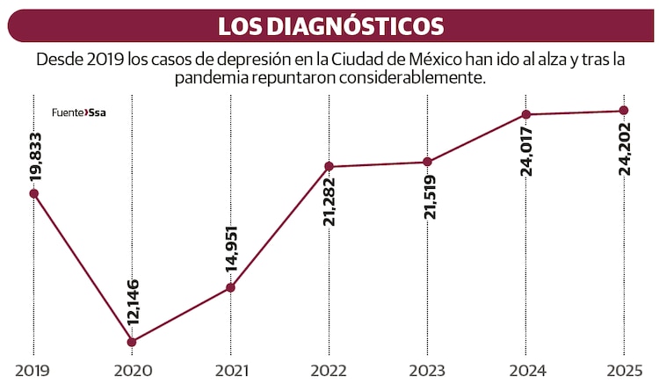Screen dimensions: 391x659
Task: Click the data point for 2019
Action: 34,193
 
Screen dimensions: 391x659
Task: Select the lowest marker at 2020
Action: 132,342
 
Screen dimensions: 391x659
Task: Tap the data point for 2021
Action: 230,287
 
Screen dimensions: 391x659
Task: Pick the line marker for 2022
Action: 329,166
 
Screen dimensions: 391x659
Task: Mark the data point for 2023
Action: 427,162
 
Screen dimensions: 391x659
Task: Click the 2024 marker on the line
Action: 525,114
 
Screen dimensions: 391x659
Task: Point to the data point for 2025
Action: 624,110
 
